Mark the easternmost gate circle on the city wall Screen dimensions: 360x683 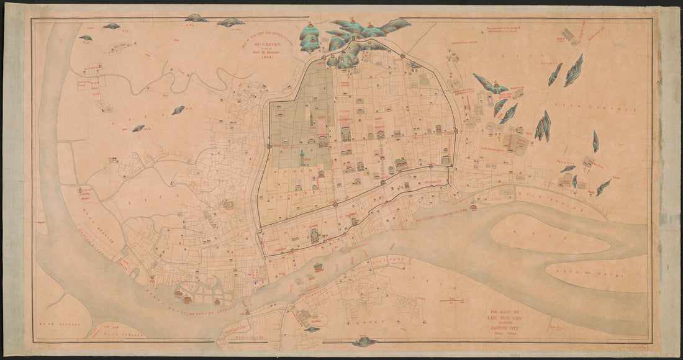click(456, 130)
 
